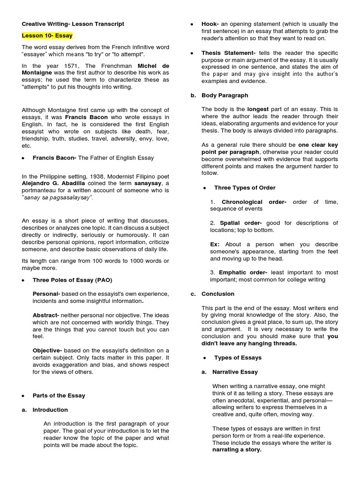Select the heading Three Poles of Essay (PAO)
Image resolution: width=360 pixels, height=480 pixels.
pos(73,280)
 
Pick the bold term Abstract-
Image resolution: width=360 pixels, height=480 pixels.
pos(46,315)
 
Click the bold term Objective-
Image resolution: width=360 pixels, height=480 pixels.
pos(47,351)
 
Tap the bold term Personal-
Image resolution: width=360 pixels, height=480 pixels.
pos(46,294)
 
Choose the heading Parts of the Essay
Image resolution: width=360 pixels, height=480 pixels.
pos(59,396)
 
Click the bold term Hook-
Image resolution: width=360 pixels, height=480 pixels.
pos(210,24)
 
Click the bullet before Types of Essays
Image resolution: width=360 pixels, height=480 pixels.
pos(204,358)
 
